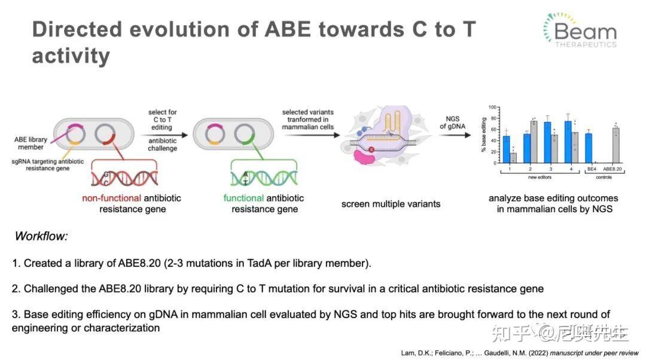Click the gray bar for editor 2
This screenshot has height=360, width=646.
[533, 142]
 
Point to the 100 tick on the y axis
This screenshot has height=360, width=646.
[493, 108]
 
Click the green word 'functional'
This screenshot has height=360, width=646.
[243, 198]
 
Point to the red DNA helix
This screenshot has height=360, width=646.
[124, 176]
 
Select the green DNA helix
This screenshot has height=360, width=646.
[263, 177]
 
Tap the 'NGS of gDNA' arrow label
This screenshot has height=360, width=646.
[453, 122]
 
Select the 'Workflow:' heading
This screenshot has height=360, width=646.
[41, 236]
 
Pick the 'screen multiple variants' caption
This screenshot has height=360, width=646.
[391, 204]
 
